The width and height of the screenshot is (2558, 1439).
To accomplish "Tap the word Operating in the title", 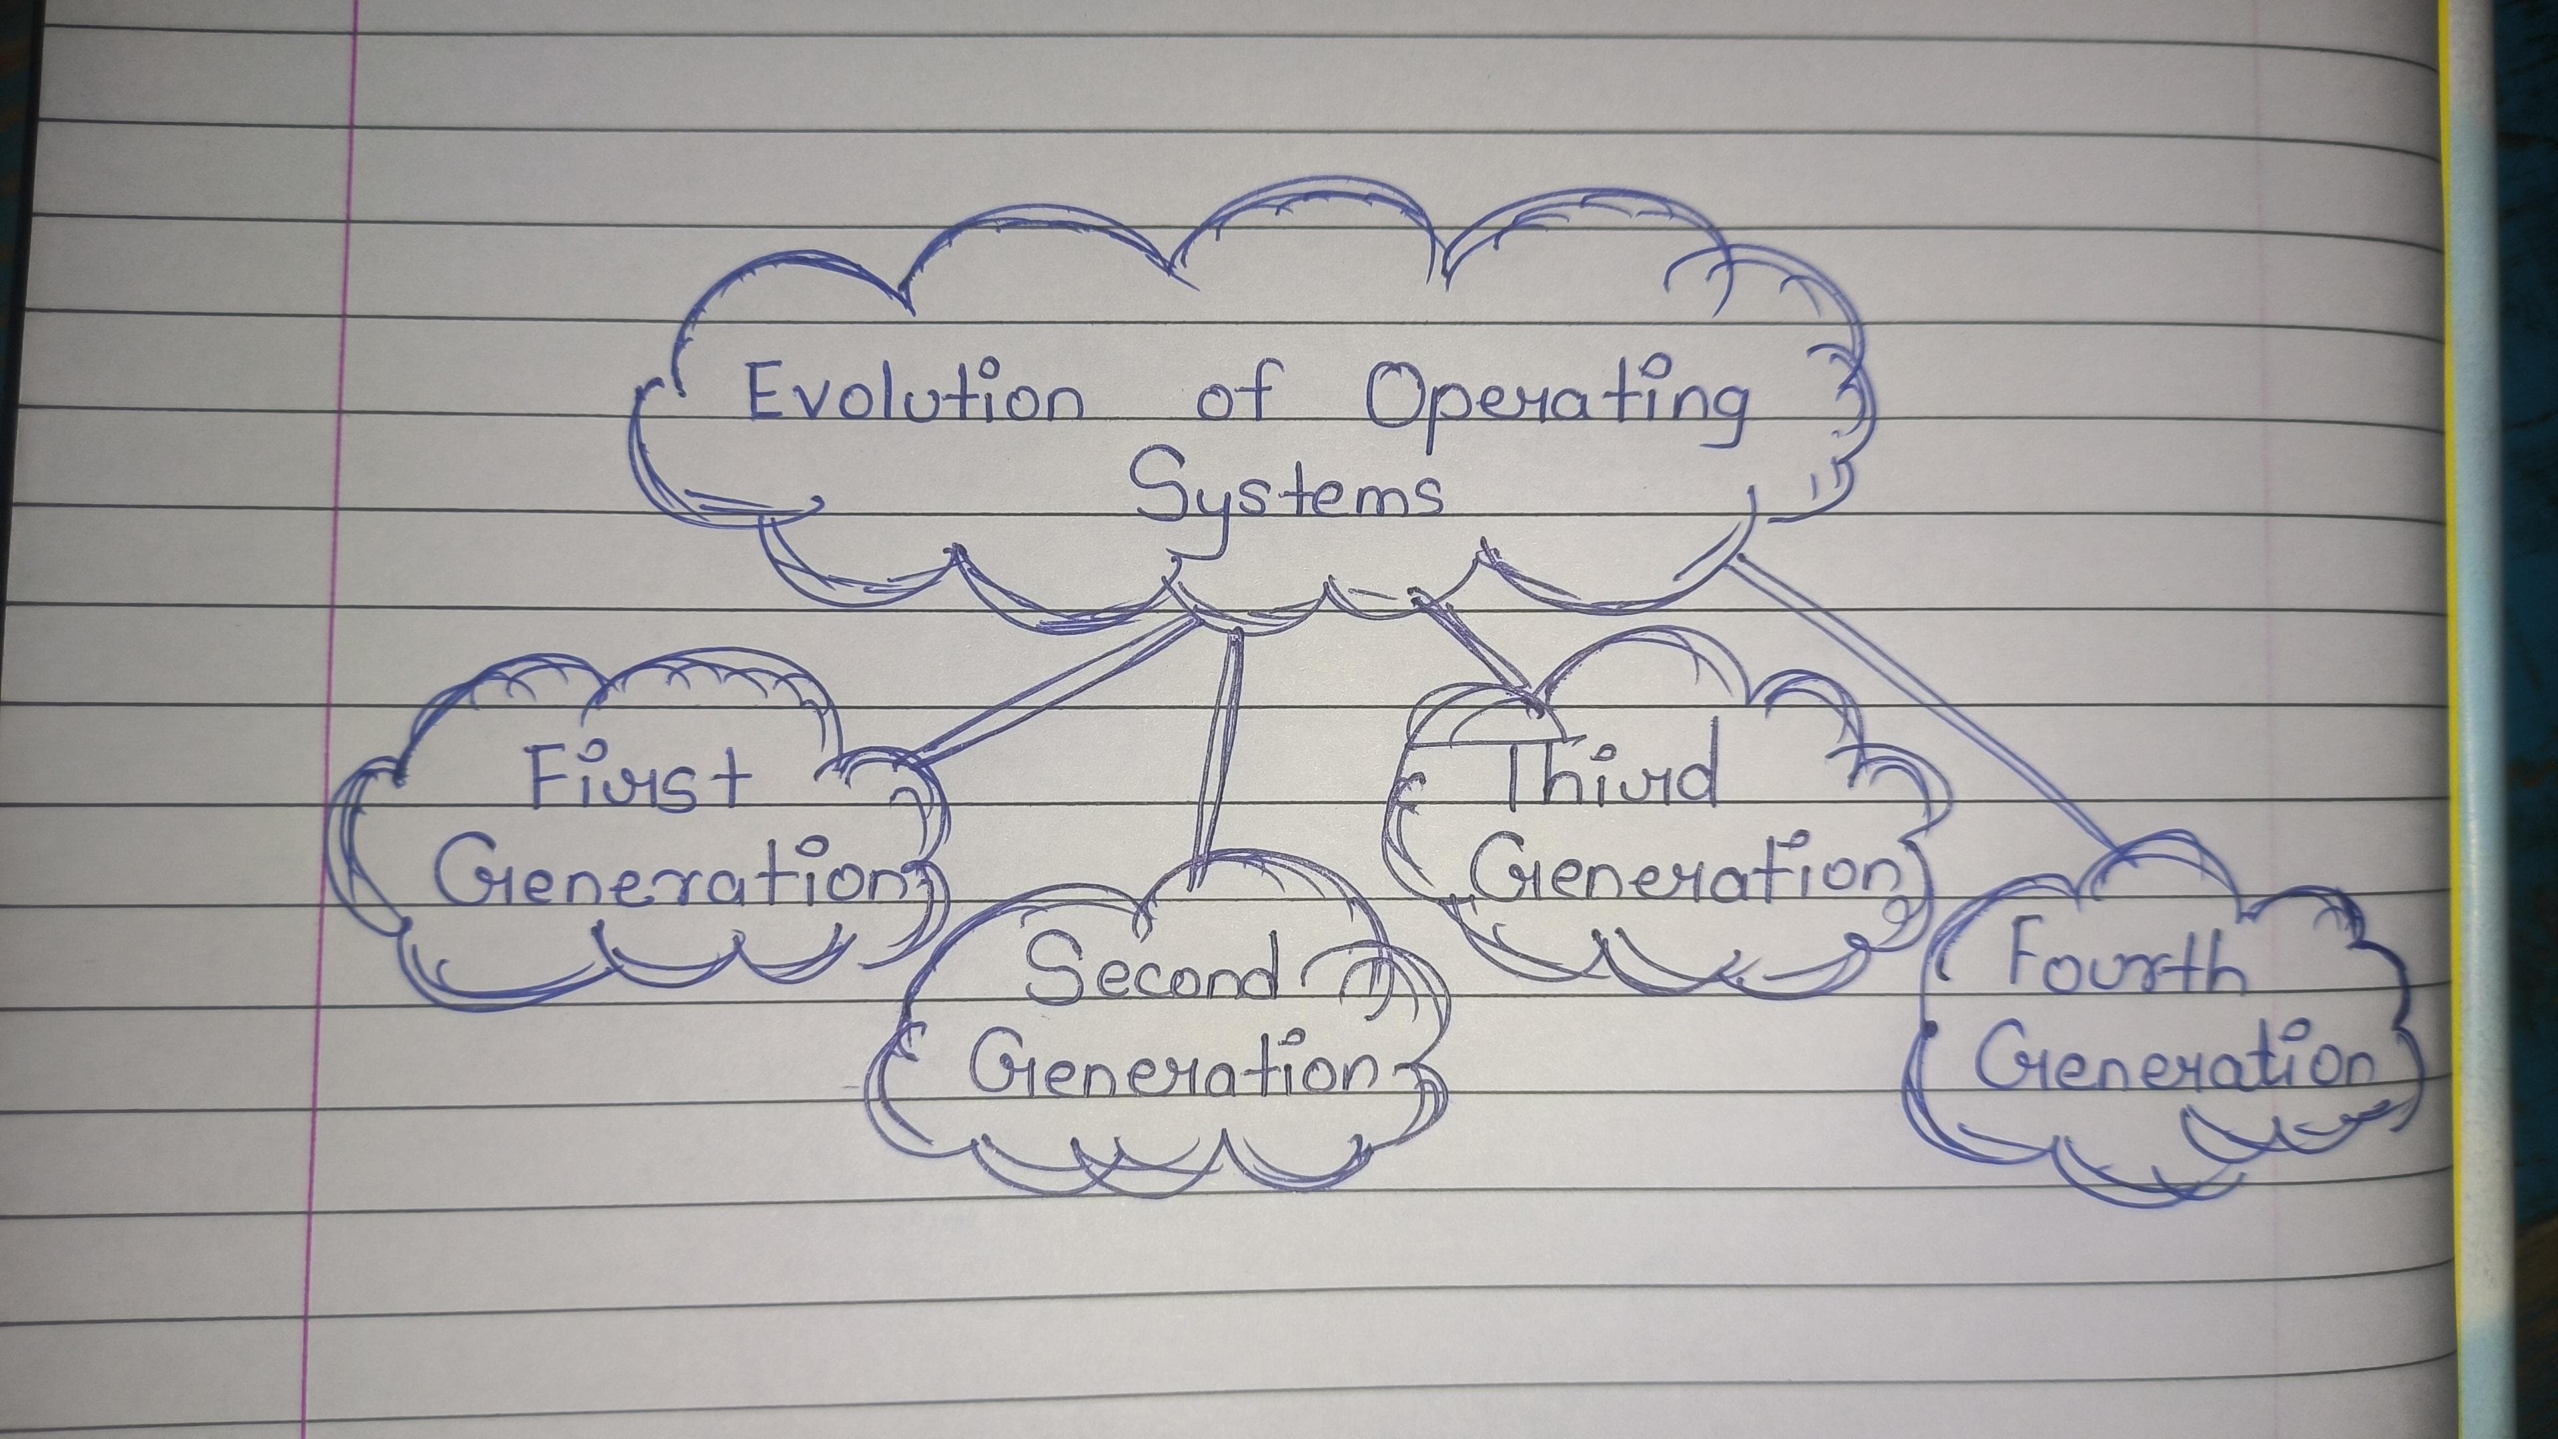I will pyautogui.click(x=1554, y=409).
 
